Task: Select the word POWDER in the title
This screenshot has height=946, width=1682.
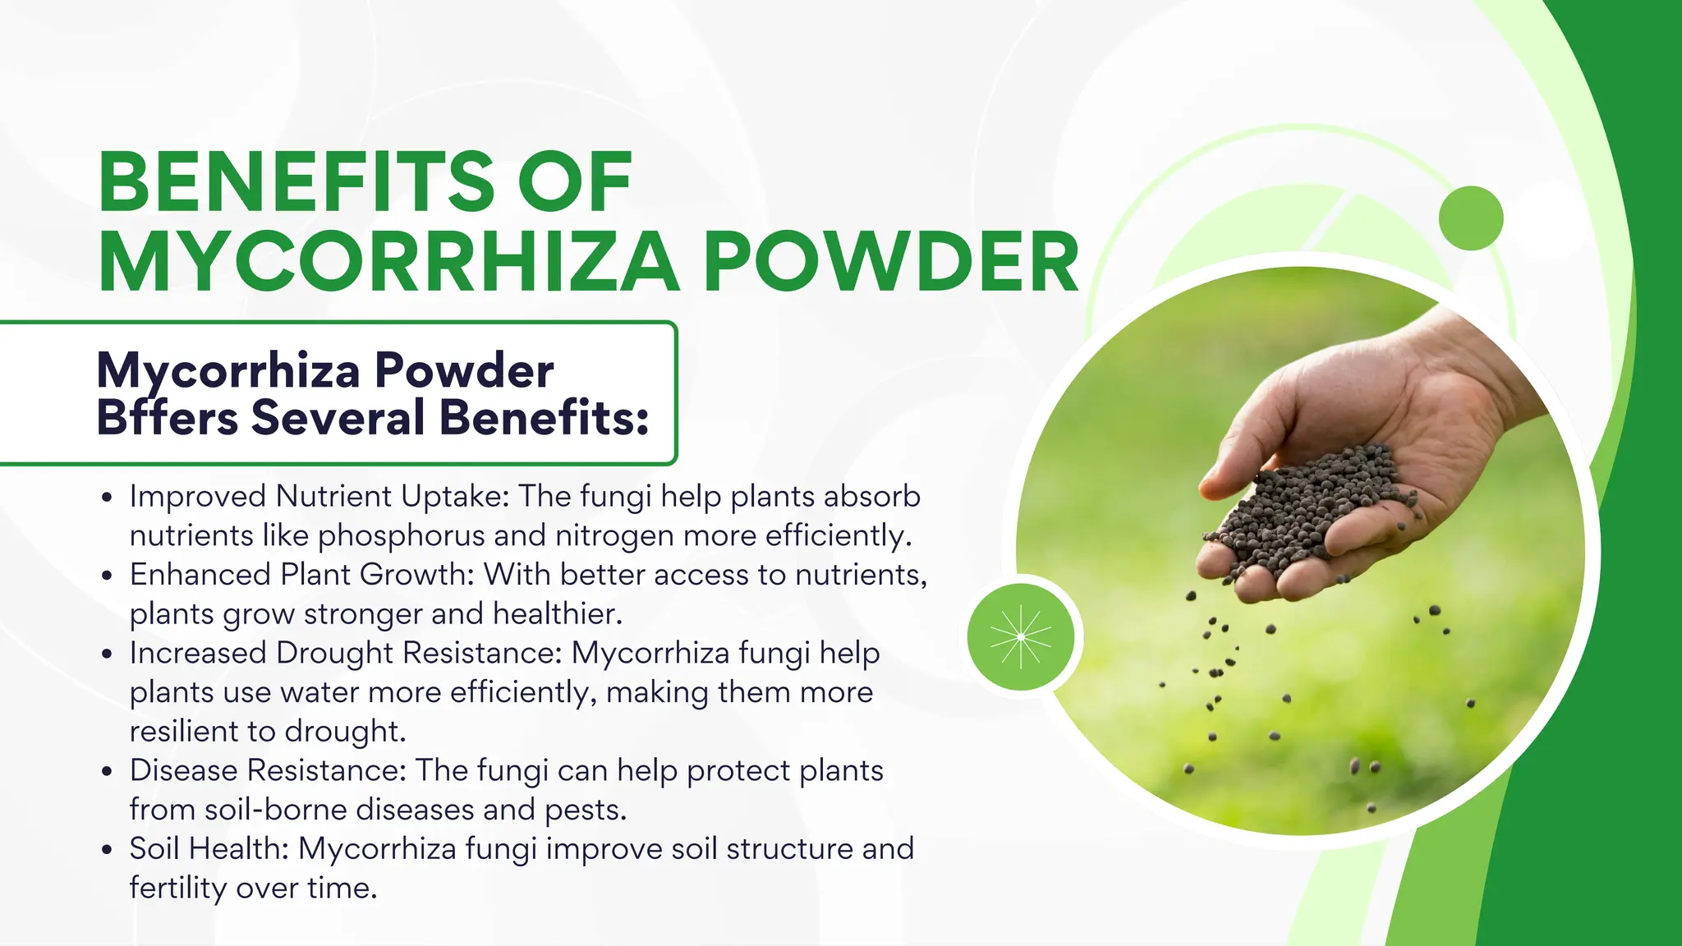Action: click(x=891, y=262)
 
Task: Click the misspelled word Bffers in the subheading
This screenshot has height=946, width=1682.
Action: click(x=168, y=417)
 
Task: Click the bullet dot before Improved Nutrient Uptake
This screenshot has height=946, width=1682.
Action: click(x=106, y=498)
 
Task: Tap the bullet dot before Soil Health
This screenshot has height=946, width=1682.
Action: click(x=106, y=850)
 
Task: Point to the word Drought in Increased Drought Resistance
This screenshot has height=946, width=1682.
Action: click(x=335, y=653)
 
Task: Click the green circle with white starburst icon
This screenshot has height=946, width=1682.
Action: click(x=1020, y=636)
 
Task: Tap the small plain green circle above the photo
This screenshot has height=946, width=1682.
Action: click(x=1470, y=218)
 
